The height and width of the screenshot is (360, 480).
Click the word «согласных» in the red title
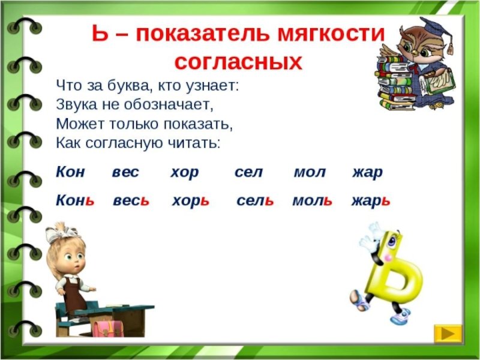[x=238, y=63]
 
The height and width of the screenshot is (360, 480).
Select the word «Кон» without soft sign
[x=70, y=172]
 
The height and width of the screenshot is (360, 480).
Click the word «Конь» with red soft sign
[x=75, y=201]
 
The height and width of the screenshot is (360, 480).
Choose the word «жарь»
[x=371, y=202]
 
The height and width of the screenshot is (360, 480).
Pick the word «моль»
[x=312, y=201]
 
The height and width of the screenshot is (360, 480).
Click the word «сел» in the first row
[x=248, y=172]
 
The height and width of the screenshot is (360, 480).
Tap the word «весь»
[x=131, y=201]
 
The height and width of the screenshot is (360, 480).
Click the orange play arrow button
[x=448, y=334]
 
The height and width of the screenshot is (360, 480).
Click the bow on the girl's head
[x=62, y=233]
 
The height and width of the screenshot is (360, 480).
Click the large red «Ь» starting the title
[x=100, y=34]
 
